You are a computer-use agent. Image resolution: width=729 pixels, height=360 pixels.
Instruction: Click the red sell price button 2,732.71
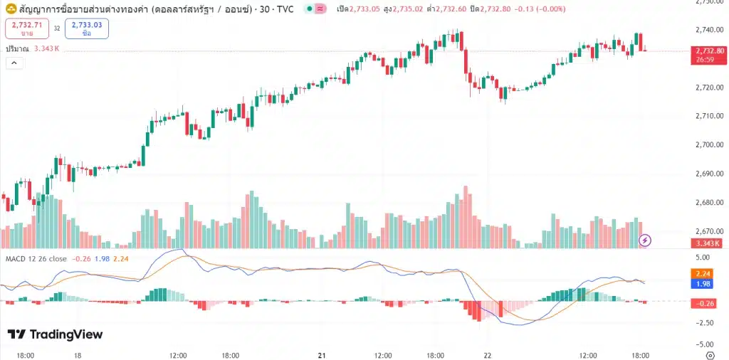coord(26,28)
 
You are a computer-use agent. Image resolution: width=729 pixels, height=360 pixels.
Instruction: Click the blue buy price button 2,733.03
coord(86,28)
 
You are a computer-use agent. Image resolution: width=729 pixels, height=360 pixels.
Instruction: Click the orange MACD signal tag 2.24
coord(703,273)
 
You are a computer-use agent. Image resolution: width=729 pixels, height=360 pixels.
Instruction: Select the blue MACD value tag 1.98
coord(703,284)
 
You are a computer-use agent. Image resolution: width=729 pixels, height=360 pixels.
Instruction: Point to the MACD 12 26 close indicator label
coord(36,259)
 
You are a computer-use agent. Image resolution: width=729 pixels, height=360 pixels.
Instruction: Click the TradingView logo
coord(55,334)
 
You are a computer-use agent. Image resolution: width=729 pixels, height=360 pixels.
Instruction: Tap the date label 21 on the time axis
coord(322,354)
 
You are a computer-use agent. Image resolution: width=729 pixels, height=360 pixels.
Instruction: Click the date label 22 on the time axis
coord(488,354)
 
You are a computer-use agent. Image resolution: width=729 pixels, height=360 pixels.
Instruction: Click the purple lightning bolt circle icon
coord(645,240)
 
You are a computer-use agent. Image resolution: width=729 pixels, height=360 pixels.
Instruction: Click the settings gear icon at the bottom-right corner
coord(709,354)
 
